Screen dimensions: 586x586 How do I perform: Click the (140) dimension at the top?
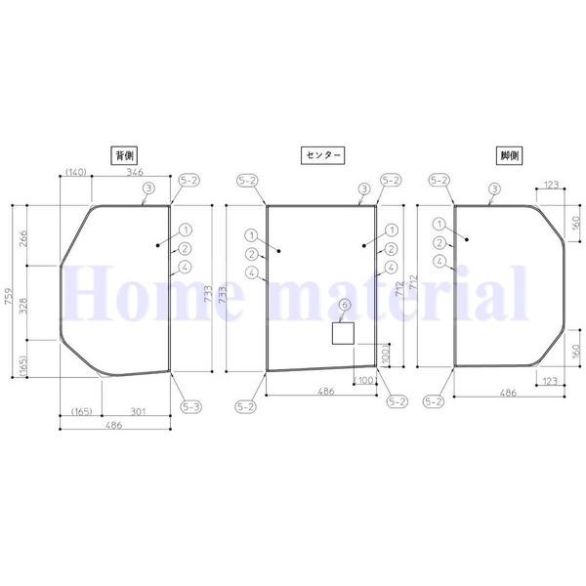tap(76, 172)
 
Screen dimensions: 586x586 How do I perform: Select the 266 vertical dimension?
tap(23, 237)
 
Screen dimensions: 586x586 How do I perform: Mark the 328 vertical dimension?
tap(23, 303)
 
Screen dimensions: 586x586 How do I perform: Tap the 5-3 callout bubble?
tap(190, 404)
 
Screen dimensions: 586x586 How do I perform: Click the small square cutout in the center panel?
tap(343, 334)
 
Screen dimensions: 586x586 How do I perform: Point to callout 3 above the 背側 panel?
tap(147, 188)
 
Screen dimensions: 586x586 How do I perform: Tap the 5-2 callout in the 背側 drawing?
tap(189, 181)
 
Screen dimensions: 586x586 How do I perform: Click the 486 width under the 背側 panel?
tap(115, 429)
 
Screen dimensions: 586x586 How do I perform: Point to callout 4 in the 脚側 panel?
tap(440, 261)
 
